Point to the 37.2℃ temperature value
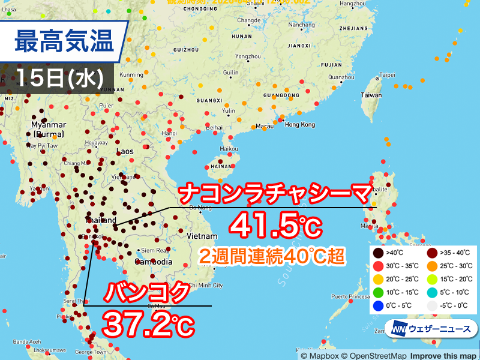149,324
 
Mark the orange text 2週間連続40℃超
272,256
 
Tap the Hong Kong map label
299,124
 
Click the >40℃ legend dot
376,252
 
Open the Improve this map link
443,355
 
